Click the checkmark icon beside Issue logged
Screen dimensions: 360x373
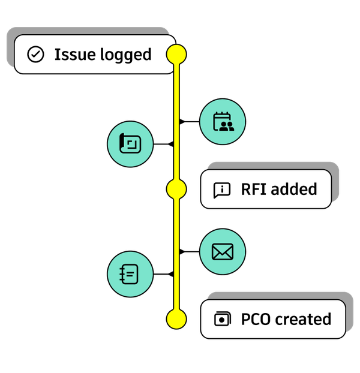click(x=35, y=55)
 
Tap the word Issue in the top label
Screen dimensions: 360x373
click(x=75, y=55)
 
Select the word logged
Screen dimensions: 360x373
click(x=125, y=55)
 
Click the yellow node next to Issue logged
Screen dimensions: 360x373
click(x=176, y=55)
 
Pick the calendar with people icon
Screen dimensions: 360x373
click(x=223, y=122)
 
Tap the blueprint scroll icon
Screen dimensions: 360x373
click(x=130, y=143)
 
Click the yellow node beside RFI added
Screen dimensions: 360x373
click(x=176, y=189)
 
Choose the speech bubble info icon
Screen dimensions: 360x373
click(x=222, y=190)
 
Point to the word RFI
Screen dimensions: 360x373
click(x=254, y=189)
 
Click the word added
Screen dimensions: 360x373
click(x=294, y=189)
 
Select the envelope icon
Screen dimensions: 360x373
click(x=223, y=252)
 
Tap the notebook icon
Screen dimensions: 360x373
click(x=129, y=274)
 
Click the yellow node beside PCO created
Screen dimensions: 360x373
click(x=176, y=319)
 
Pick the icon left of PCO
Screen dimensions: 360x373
click(x=223, y=319)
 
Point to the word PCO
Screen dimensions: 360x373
click(x=256, y=319)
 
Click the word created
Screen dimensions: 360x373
click(x=303, y=319)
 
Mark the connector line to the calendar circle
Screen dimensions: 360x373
click(x=190, y=122)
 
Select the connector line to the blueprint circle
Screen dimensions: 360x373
click(x=163, y=144)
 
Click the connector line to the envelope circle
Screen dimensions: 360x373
click(x=190, y=251)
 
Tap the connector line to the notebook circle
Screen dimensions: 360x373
click(x=163, y=274)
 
